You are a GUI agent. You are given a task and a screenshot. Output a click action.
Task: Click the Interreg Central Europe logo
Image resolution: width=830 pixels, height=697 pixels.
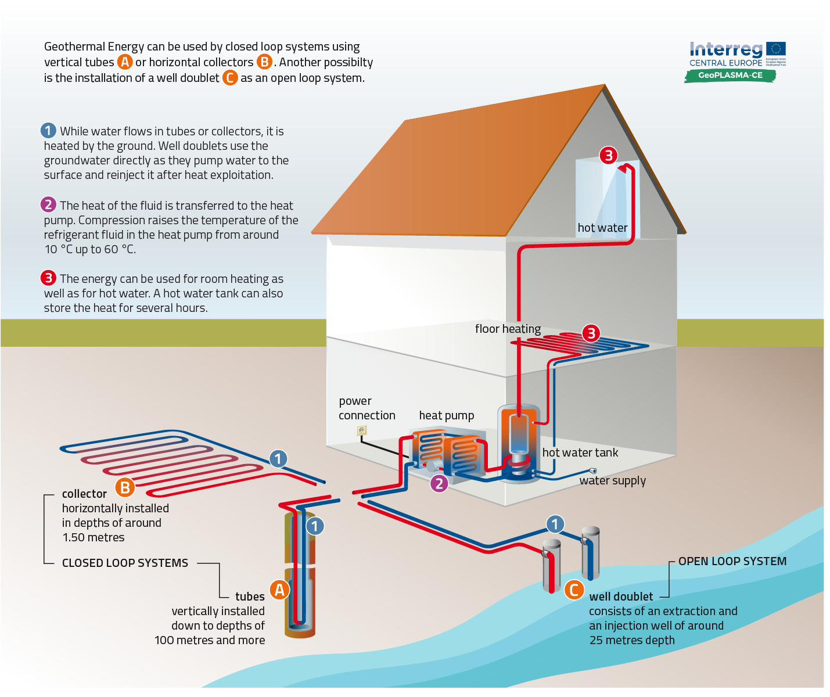coord(736,55)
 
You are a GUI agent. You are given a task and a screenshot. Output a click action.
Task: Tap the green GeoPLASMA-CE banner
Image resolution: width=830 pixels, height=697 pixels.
coord(730,76)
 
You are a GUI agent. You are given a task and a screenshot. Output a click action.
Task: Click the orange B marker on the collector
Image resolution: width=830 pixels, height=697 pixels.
coord(125,487)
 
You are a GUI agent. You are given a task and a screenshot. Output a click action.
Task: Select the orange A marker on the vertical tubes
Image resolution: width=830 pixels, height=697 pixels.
coord(279,590)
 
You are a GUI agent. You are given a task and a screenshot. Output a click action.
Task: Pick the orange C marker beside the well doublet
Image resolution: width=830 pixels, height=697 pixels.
coord(574,590)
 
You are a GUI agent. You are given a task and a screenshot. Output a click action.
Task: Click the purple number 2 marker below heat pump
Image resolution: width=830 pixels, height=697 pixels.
coord(439,483)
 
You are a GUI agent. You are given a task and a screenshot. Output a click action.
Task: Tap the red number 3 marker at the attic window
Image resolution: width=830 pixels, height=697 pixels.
coord(608,155)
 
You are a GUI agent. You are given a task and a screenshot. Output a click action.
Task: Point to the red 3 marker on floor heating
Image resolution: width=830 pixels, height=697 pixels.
coord(591,333)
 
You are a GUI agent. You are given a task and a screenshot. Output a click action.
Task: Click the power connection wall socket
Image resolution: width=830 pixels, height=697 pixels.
coord(362,430)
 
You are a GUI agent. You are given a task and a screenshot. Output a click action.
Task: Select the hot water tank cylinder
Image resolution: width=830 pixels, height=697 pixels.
coord(519,441)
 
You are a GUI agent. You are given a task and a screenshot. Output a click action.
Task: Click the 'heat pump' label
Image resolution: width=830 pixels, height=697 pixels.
coord(446,415)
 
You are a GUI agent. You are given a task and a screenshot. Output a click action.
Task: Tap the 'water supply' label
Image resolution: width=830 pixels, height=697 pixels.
coord(612,480)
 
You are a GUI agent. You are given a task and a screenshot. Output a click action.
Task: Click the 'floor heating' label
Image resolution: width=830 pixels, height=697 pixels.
coord(508,329)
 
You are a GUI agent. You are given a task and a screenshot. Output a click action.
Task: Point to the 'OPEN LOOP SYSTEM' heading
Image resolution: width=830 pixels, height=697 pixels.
coord(732,561)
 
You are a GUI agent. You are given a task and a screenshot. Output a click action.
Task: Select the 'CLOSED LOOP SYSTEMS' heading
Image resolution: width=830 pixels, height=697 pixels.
coord(125,563)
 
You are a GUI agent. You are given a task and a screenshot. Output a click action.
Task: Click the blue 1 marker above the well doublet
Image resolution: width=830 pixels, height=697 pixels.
coord(555,524)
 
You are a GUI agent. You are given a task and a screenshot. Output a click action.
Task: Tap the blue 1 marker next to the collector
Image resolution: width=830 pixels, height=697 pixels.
coord(278,459)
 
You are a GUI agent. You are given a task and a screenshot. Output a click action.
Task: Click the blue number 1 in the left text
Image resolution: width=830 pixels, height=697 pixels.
coord(48,131)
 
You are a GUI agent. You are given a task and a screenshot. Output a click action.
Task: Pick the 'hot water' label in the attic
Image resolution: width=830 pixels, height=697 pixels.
coord(602,228)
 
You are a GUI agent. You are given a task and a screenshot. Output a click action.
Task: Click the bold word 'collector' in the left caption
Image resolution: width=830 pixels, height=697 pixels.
coord(84,494)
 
